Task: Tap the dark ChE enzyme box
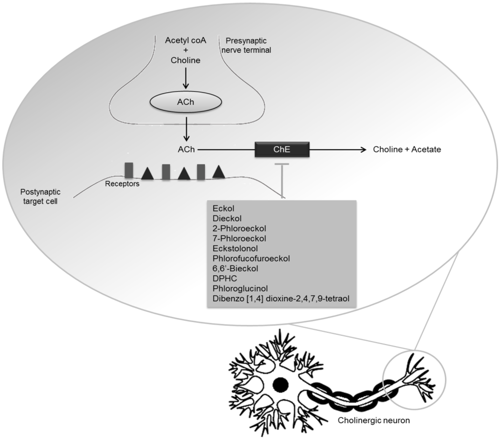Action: pos(282,149)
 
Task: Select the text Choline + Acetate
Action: pos(407,150)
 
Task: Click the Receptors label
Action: pos(122,184)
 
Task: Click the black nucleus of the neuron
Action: pos(280,385)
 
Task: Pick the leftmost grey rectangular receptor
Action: pos(129,170)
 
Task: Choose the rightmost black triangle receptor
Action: pos(218,171)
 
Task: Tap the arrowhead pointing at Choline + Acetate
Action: pos(363,150)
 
